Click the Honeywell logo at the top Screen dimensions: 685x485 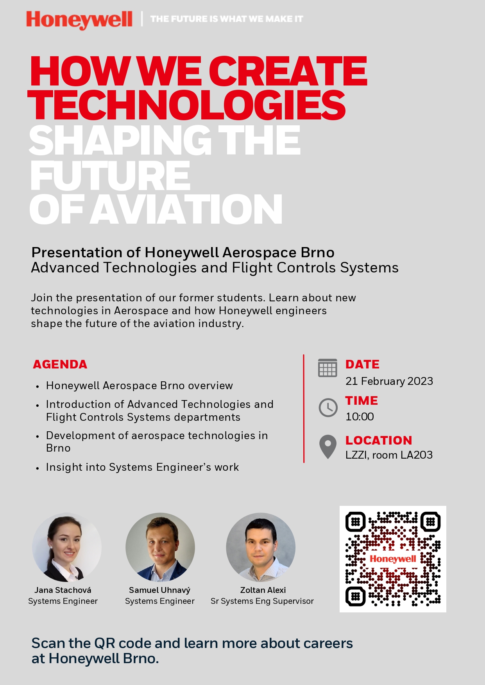point(79,20)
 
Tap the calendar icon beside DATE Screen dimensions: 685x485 point(328,368)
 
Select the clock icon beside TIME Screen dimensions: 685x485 point(328,408)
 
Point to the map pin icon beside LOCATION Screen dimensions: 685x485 point(328,446)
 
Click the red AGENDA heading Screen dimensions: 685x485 point(60,364)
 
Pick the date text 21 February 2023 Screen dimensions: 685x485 point(389,381)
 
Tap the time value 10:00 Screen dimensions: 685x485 point(360,416)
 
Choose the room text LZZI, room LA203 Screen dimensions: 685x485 point(389,455)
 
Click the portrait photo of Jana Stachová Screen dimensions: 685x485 point(66,547)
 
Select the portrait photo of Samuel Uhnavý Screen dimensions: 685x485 point(160,547)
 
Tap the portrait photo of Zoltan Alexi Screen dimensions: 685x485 point(261,547)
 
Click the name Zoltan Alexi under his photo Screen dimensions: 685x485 point(263,590)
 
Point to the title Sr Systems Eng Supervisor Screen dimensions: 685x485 point(262,601)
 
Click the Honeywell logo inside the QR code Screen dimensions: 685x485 point(393,559)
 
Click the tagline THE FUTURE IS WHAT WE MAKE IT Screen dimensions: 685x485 point(227,19)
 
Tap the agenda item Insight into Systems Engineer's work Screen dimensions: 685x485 point(142,467)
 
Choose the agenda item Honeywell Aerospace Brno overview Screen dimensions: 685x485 point(140,386)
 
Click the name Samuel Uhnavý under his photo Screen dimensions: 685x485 point(159,590)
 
